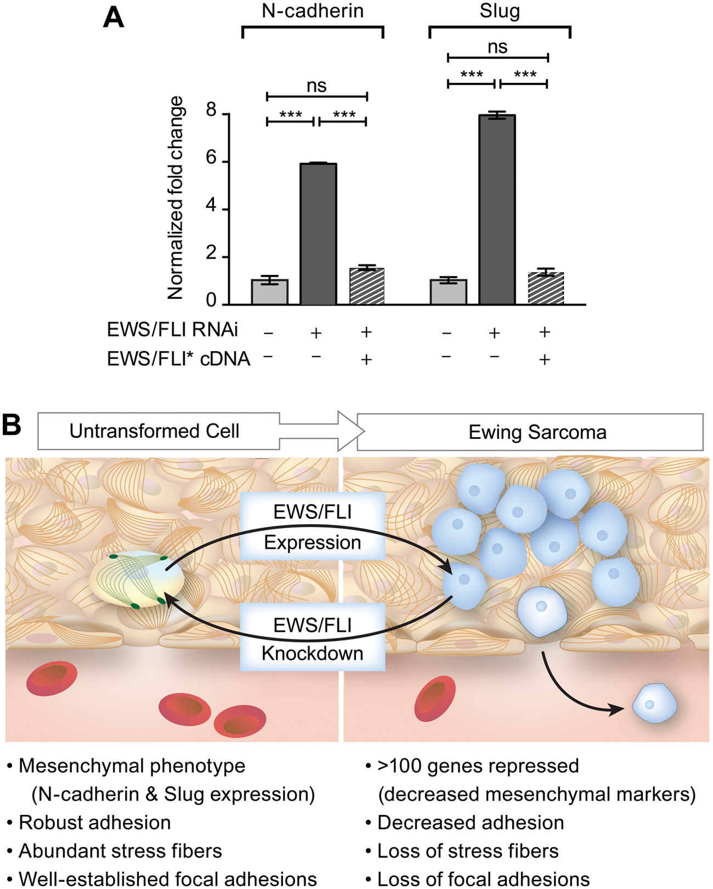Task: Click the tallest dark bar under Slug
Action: coord(497,210)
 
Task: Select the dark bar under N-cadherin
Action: coord(318,234)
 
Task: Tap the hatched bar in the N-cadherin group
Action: coord(367,286)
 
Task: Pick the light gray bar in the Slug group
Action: coord(448,292)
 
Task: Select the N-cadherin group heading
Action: coord(313,11)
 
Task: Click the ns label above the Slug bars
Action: coord(497,47)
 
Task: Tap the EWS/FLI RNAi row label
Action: coord(172,330)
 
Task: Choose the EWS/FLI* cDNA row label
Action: coord(178,359)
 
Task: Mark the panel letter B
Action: coord(12,425)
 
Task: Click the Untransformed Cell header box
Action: coord(159,431)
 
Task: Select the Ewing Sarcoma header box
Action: coord(530,432)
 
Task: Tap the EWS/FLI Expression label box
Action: coord(312,526)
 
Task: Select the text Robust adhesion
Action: coord(94,822)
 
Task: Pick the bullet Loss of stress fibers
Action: coord(462,851)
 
